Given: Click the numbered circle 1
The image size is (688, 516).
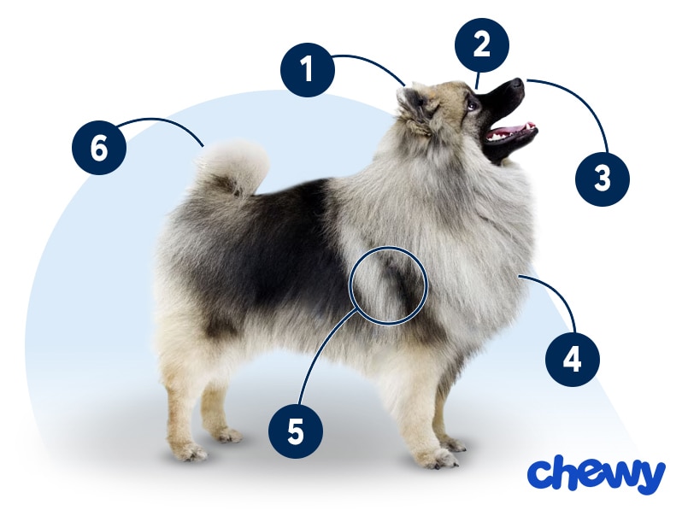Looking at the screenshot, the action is pyautogui.click(x=308, y=70).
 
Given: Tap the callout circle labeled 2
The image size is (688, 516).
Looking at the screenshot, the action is pyautogui.click(x=482, y=44).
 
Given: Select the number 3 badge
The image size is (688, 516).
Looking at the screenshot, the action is pyautogui.click(x=603, y=179).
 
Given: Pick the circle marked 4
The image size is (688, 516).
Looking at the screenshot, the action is pyautogui.click(x=572, y=360).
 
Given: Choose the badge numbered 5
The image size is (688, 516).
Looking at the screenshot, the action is pyautogui.click(x=296, y=431).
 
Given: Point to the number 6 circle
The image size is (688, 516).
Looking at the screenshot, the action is pyautogui.click(x=99, y=148).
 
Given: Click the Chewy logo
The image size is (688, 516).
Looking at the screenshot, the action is pyautogui.click(x=597, y=474).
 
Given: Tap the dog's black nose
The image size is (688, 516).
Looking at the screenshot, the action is pyautogui.click(x=517, y=83).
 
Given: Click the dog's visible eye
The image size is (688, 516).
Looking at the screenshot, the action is pyautogui.click(x=471, y=105).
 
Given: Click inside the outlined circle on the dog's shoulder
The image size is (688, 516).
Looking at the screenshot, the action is pyautogui.click(x=388, y=285).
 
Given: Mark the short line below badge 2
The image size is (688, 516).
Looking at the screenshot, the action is pyautogui.click(x=479, y=81).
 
